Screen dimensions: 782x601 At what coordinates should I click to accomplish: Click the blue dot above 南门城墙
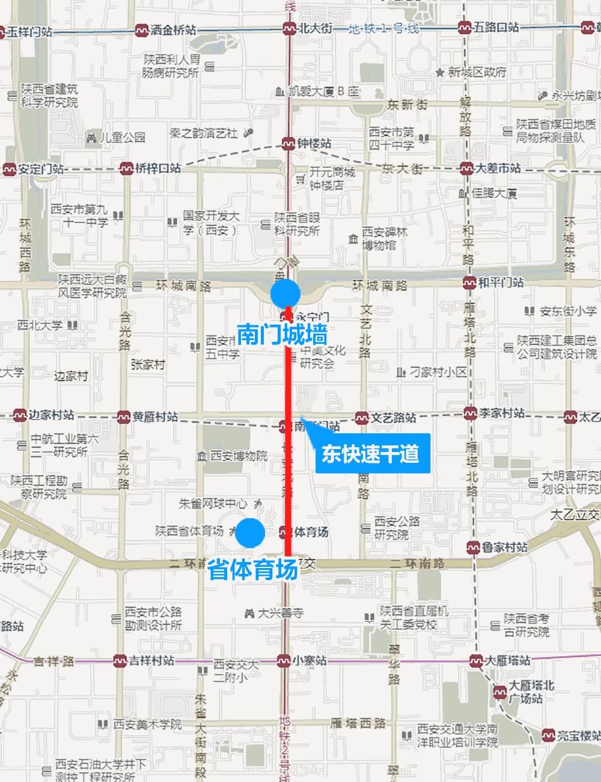point(285,294)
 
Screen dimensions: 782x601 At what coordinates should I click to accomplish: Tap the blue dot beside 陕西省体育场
point(250,533)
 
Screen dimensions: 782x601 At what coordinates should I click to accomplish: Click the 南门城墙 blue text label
point(282,334)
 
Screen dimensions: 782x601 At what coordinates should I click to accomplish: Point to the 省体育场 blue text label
point(252,569)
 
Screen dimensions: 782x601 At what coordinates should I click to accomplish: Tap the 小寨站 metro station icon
point(285,660)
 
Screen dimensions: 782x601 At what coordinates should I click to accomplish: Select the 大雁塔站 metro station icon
point(477,660)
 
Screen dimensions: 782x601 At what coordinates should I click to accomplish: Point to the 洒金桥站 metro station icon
point(142,29)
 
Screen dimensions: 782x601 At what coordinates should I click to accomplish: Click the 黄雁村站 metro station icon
point(124,416)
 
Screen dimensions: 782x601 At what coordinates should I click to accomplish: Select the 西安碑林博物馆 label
point(379,239)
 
